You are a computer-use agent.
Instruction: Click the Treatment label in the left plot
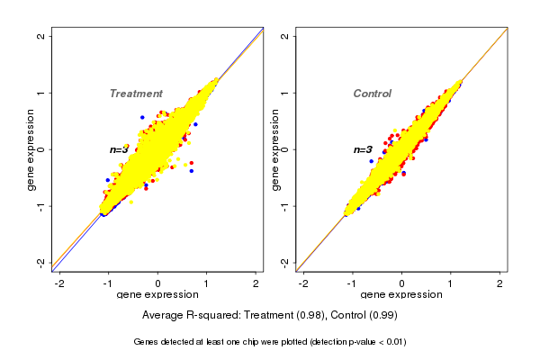(136, 94)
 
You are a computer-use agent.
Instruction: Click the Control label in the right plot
(372, 94)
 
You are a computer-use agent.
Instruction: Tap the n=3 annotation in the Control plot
(362, 149)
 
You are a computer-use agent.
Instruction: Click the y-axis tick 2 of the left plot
(42, 36)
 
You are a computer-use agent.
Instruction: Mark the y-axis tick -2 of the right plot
(285, 262)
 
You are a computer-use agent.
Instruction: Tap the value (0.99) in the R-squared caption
(382, 316)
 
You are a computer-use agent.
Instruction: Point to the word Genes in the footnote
(147, 342)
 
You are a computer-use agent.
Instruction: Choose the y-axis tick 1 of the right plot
(285, 93)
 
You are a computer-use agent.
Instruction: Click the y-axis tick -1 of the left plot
(42, 205)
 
